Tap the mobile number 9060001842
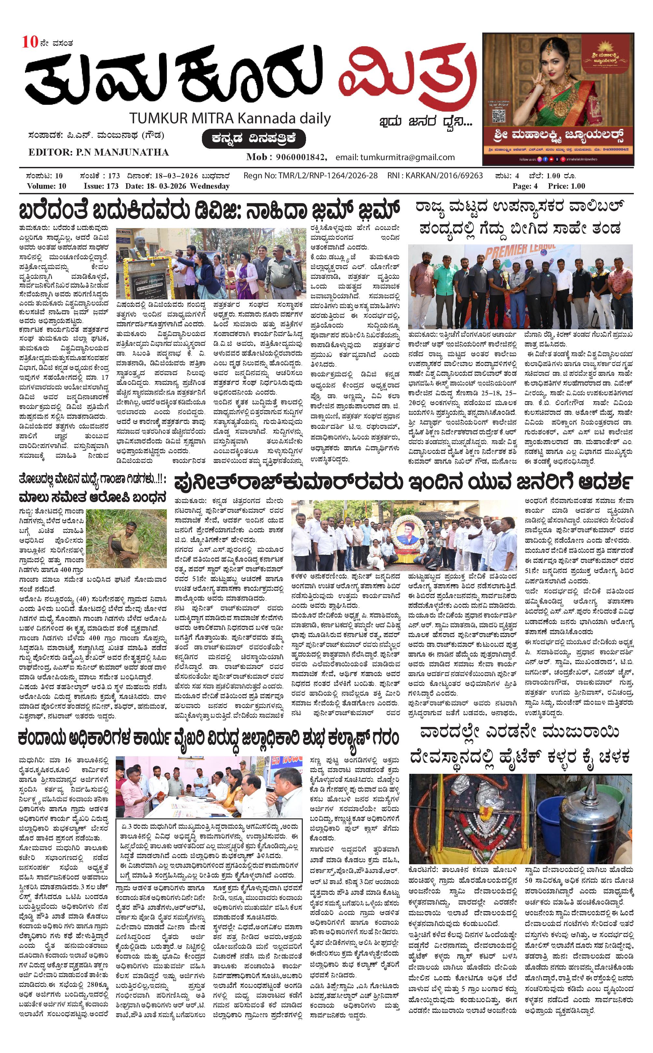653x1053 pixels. coord(301,157)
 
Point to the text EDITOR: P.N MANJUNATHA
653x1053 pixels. coord(99,152)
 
